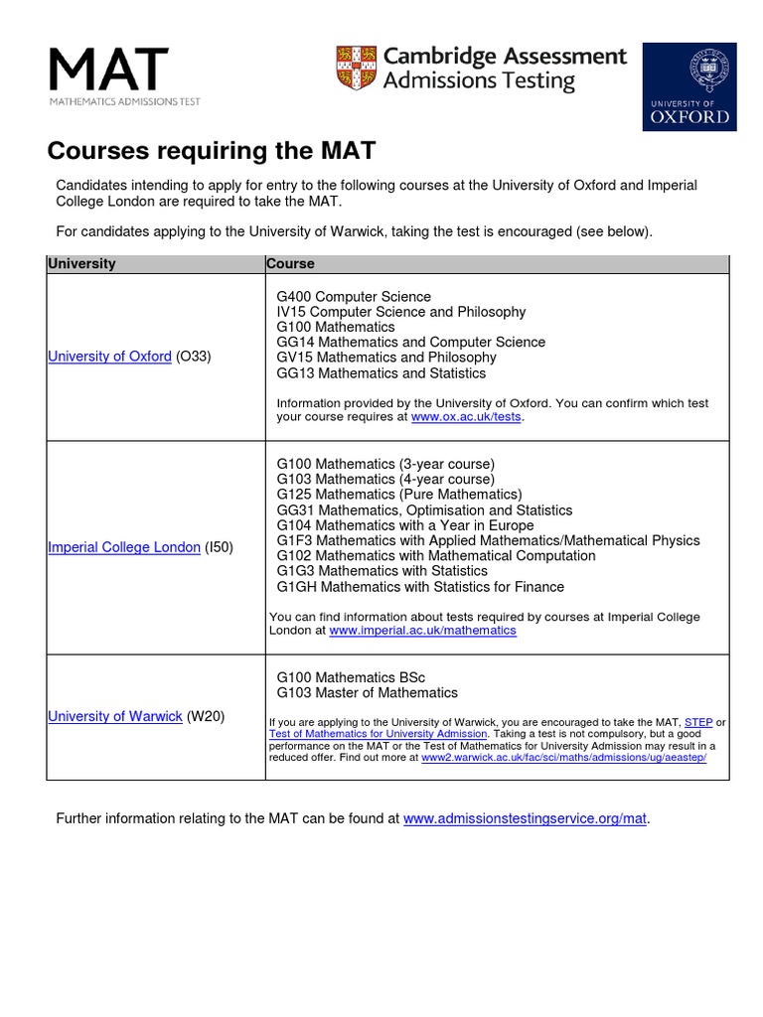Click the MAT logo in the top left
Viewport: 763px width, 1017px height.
109,75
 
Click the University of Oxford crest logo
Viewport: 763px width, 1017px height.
689,86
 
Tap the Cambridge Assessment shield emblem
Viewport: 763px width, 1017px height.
355,68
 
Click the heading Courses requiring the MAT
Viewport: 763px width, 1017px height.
212,151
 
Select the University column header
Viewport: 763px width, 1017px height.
81,264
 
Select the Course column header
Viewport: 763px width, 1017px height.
290,264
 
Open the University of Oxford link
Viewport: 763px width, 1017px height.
109,357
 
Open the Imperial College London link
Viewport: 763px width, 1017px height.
124,547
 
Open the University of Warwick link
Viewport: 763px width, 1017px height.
115,716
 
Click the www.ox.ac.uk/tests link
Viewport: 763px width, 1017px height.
466,417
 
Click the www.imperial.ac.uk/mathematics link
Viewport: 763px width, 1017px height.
422,631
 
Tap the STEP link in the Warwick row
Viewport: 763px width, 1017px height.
698,722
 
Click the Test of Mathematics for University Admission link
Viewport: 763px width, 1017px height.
379,734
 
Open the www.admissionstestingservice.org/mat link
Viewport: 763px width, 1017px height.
525,819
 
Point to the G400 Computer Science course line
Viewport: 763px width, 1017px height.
354,297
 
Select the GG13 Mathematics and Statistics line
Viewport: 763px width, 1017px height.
381,373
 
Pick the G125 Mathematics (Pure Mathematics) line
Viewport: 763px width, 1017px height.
399,495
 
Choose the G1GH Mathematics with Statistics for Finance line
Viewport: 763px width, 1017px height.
420,587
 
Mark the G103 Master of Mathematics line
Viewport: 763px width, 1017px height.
368,692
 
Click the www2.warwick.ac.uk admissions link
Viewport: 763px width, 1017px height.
563,757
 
